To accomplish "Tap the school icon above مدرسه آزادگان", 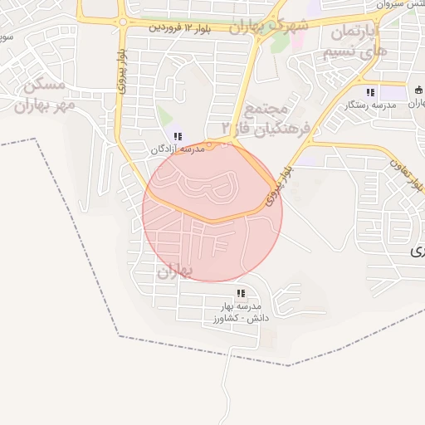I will (x=178, y=136).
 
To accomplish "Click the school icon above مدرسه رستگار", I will (x=370, y=92).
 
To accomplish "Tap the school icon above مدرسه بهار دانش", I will (x=241, y=293).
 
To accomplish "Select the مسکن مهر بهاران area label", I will (x=43, y=95).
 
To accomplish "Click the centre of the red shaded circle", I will (x=212, y=212).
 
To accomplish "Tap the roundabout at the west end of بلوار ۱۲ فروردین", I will (x=122, y=22).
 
